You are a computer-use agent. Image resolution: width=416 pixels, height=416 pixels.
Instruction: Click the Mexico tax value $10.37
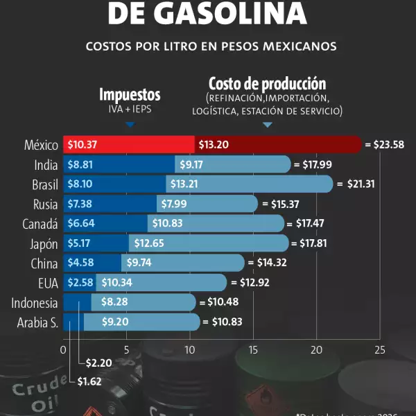coord(81,145)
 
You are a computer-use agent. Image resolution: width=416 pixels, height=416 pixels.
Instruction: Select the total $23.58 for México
coord(388,145)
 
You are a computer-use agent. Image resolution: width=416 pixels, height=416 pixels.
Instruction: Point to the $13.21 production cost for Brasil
coord(184,184)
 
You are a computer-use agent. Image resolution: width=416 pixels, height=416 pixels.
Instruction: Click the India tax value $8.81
coord(80,165)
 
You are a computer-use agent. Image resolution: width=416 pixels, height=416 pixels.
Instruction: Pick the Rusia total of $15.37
coord(286,204)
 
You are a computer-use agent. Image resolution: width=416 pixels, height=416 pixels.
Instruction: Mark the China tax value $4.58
coord(80,263)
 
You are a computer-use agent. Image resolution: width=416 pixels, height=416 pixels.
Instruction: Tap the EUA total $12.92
coord(252,283)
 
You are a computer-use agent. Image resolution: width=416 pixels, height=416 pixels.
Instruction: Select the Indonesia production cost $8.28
coord(114,302)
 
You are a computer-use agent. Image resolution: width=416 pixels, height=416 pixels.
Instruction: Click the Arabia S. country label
coord(37,322)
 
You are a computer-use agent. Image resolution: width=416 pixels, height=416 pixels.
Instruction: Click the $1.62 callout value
coord(89,381)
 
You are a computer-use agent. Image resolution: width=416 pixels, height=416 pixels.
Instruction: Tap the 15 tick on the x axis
coord(253,350)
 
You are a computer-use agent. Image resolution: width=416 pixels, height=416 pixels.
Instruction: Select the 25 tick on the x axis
coord(379,350)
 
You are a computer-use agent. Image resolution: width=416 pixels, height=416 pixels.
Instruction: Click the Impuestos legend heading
coord(130,95)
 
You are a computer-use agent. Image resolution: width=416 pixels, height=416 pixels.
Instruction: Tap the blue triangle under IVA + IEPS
coord(130,125)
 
